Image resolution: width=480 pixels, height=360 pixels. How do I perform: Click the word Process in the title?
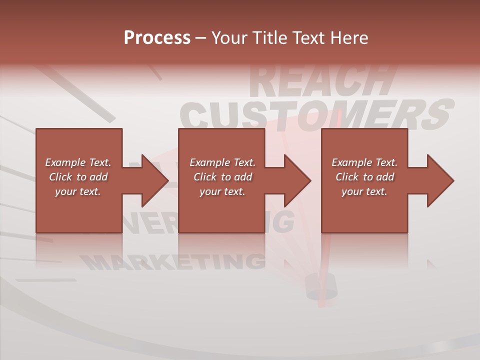[157, 38]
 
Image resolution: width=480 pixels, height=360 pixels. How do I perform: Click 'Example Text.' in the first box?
[78, 162]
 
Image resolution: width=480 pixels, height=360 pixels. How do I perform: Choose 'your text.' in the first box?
[78, 191]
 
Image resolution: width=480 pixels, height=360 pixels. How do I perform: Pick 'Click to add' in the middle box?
[222, 177]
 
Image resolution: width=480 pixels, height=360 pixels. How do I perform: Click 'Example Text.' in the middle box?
[222, 162]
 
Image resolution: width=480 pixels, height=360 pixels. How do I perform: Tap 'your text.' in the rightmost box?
[364, 191]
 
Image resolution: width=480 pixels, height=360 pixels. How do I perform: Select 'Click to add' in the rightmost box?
[364, 177]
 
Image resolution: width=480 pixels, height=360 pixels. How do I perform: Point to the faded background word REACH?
[320, 80]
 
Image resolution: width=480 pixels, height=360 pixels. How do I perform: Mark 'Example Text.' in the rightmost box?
[364, 162]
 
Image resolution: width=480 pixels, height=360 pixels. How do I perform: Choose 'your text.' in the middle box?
[222, 191]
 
